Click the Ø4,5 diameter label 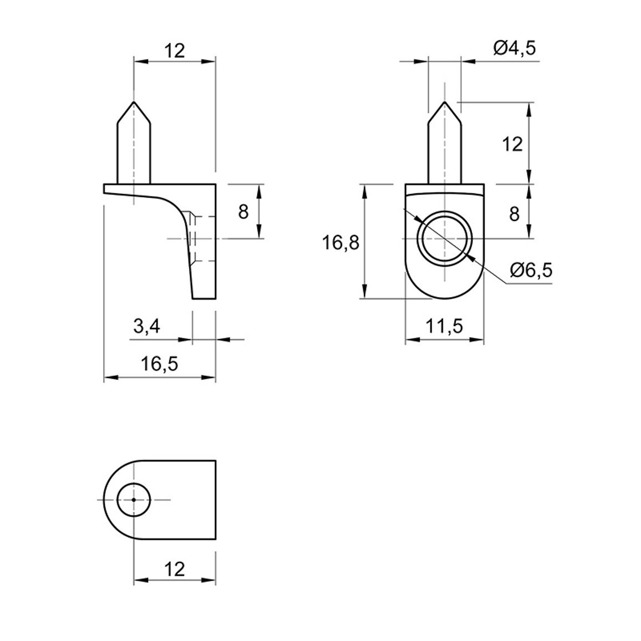pos(514,48)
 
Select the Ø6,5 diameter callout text pos(531,270)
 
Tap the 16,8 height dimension pos(340,243)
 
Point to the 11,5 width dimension pos(444,326)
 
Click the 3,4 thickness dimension pos(147,327)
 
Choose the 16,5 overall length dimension pos(160,363)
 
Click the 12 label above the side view pos(175,51)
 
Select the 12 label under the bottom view pos(175,569)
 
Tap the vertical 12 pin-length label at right pos(512,144)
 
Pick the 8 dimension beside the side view pos(243,212)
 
